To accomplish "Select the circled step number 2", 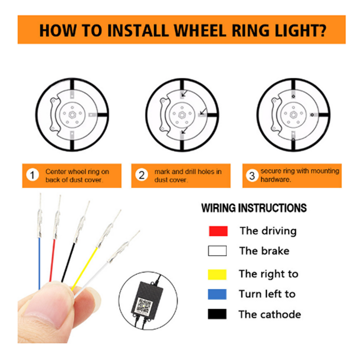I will click(x=142, y=175).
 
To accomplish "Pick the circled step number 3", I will click(x=252, y=175).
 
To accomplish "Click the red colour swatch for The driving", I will click(x=218, y=231).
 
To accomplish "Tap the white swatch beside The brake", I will click(x=218, y=251).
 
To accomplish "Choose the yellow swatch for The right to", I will click(x=218, y=274).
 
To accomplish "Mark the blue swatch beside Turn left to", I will click(x=218, y=294).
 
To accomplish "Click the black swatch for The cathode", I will click(x=218, y=314).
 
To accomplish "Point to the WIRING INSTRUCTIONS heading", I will click(x=254, y=208).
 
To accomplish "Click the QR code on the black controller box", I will click(x=144, y=304).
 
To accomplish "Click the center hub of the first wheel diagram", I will click(x=72, y=114).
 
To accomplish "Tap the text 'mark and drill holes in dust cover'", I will click(x=187, y=175).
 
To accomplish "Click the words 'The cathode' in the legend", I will click(x=270, y=314).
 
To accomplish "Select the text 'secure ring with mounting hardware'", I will click(x=299, y=175).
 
